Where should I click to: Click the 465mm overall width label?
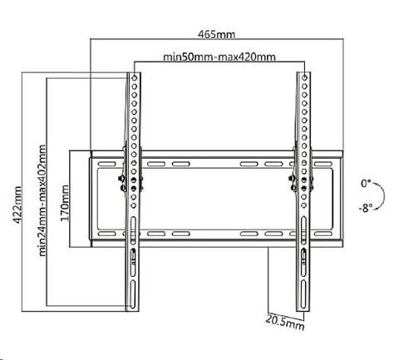tap(216, 34)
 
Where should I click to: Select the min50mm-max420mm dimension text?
tap(219, 57)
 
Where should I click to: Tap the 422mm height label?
tap(17, 205)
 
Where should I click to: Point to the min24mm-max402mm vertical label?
tap(42, 200)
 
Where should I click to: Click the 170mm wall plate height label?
tap(65, 203)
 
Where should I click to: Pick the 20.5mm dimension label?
tap(285, 323)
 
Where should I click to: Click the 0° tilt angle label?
tap(366, 183)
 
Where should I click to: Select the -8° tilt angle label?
tap(366, 208)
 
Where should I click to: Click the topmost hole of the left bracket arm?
tap(135, 78)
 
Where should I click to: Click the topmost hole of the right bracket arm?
tap(304, 78)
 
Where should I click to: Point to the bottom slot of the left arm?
tap(133, 293)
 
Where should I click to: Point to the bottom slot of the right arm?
tap(303, 293)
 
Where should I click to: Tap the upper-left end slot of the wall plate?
tap(106, 164)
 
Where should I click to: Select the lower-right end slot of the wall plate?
tap(323, 234)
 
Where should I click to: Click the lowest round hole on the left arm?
tap(134, 205)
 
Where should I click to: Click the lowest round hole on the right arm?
tap(304, 205)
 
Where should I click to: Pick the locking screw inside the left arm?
tap(133, 256)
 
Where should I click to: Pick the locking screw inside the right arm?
tap(304, 256)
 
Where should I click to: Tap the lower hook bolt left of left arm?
tap(123, 188)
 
